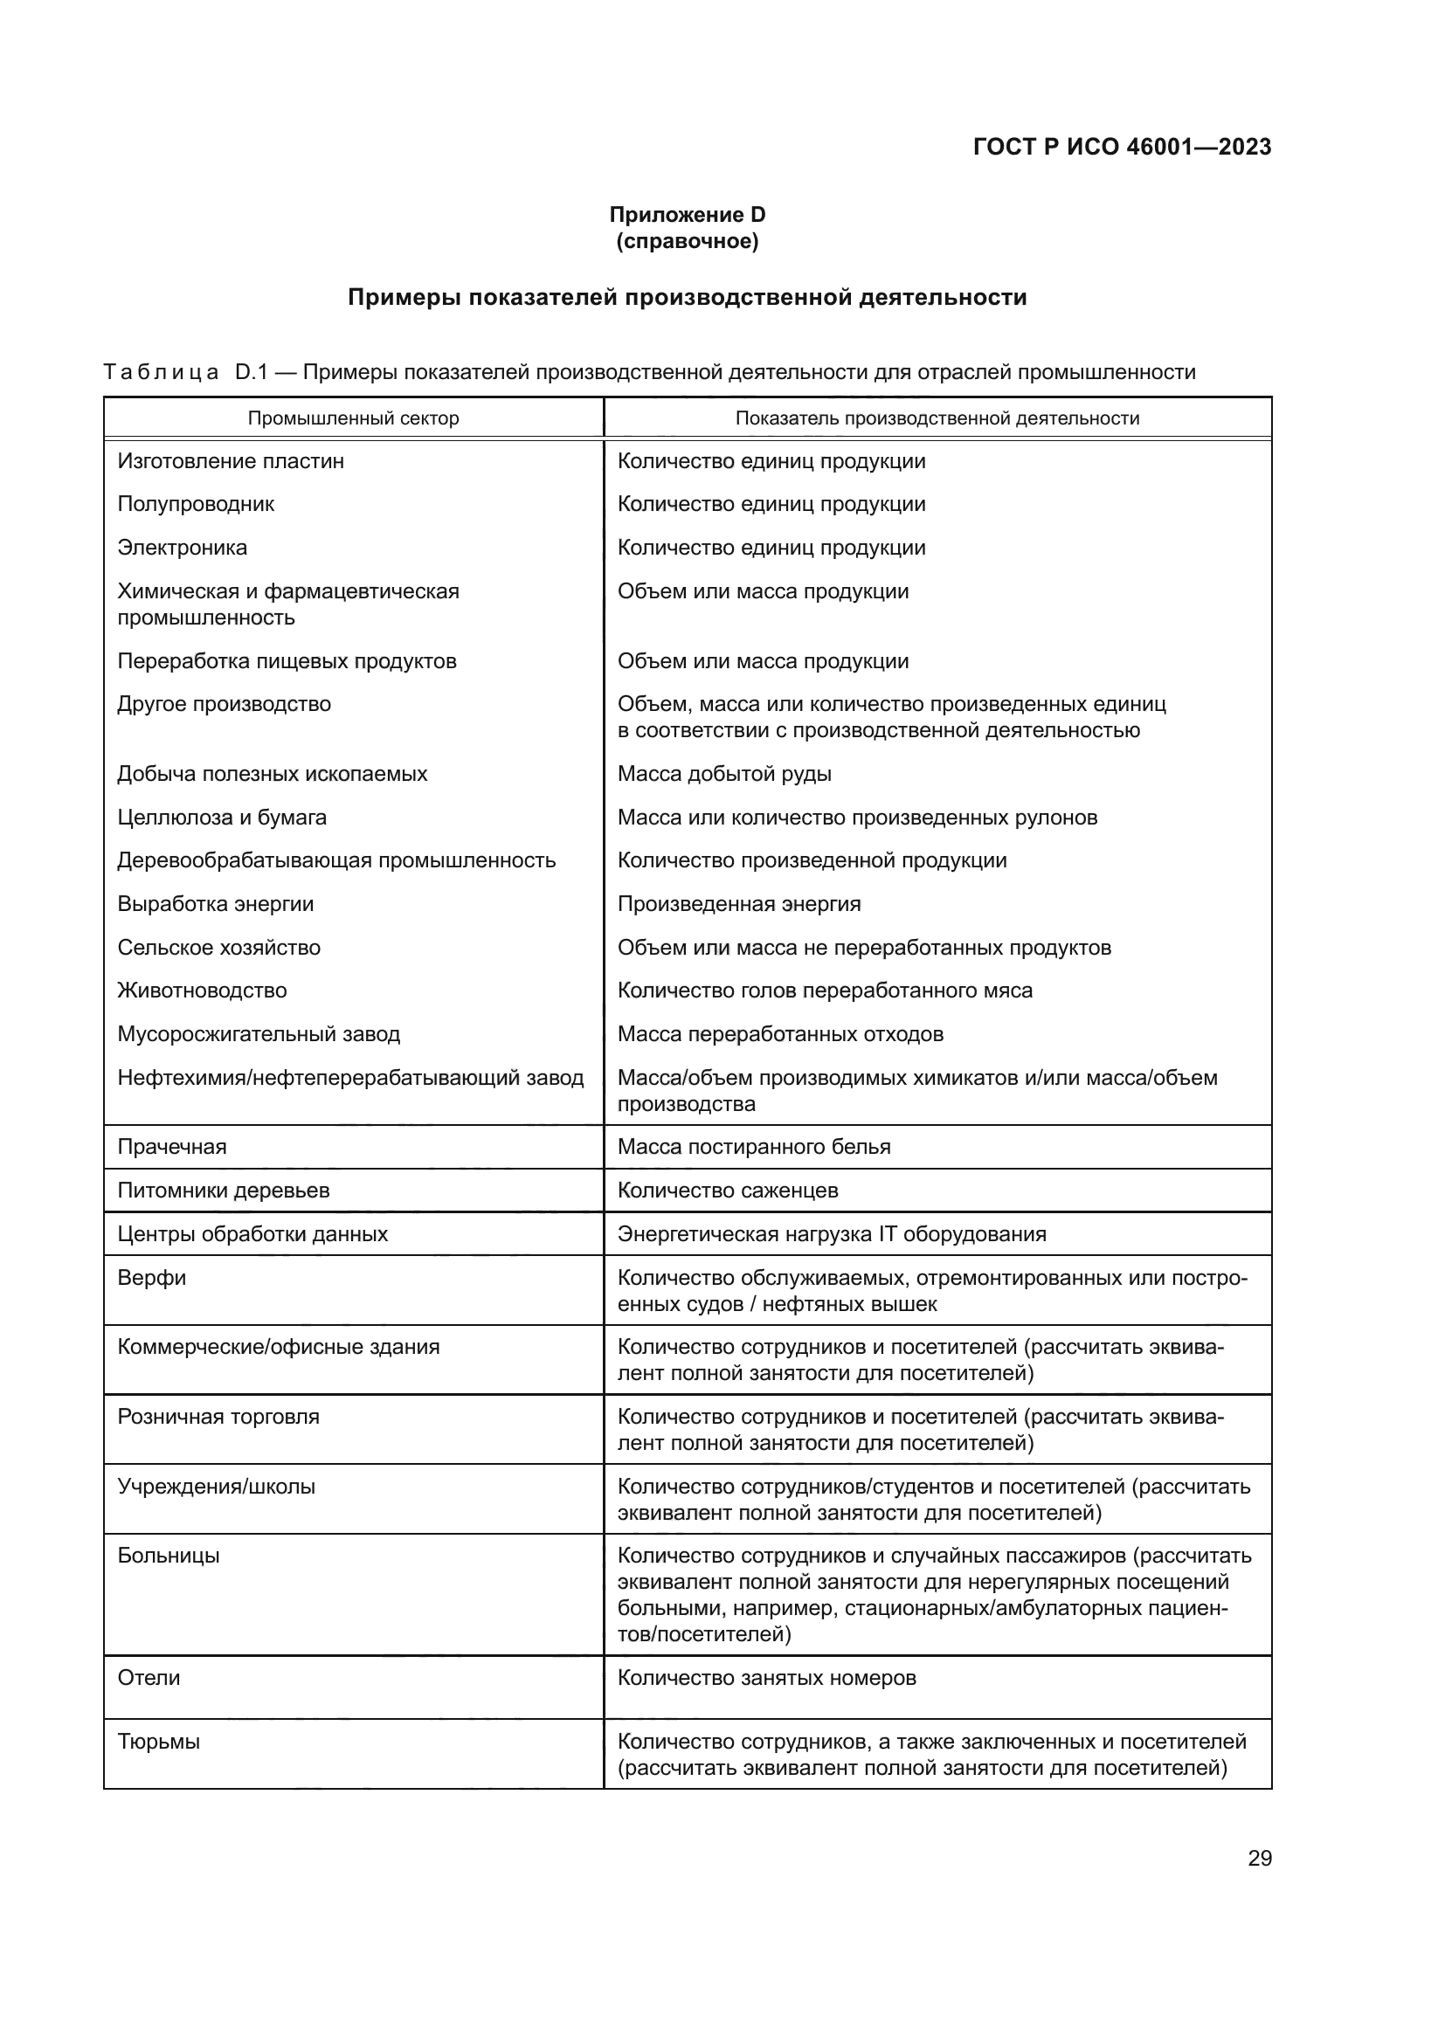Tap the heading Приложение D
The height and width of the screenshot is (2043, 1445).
(x=687, y=215)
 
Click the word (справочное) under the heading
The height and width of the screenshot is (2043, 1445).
(x=687, y=241)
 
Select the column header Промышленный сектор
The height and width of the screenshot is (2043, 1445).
(x=353, y=418)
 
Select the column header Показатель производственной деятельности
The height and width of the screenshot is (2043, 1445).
(x=937, y=418)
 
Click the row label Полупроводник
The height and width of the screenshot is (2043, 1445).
(x=196, y=505)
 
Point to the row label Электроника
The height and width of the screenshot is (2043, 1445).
(x=183, y=549)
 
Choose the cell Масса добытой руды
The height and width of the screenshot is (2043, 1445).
(x=724, y=774)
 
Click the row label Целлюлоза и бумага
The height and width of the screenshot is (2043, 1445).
(x=222, y=818)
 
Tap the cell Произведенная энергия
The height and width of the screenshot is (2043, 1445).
(x=738, y=904)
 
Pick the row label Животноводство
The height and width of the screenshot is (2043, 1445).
(x=202, y=990)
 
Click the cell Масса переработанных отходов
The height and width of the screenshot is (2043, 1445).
(x=780, y=1034)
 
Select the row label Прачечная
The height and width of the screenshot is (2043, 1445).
(x=172, y=1147)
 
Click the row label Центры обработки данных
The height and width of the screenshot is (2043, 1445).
(x=252, y=1234)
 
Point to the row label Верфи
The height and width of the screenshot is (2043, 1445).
(x=152, y=1278)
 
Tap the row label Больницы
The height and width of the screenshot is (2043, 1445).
(x=168, y=1556)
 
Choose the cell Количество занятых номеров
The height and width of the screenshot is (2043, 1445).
(x=766, y=1677)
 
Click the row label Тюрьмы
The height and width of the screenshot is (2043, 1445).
(x=158, y=1742)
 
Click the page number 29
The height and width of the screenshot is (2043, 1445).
(x=1259, y=1858)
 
